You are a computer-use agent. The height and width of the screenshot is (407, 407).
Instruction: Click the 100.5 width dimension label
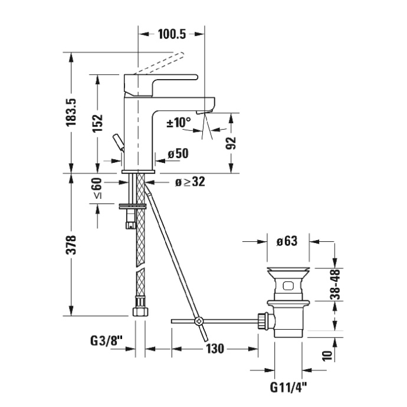(172, 35)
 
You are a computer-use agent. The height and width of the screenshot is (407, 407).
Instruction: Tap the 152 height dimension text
(98, 124)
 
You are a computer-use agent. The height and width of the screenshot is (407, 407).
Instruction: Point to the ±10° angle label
(179, 123)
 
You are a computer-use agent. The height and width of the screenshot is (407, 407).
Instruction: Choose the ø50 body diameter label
(178, 154)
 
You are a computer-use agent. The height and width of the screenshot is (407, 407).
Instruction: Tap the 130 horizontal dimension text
(214, 349)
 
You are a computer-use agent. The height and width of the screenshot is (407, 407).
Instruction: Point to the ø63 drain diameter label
(285, 241)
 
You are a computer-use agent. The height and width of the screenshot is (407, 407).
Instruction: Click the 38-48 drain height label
(334, 284)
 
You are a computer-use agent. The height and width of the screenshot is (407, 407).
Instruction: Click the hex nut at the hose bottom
(140, 310)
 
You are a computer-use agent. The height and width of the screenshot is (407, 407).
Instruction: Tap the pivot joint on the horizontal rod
(199, 321)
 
